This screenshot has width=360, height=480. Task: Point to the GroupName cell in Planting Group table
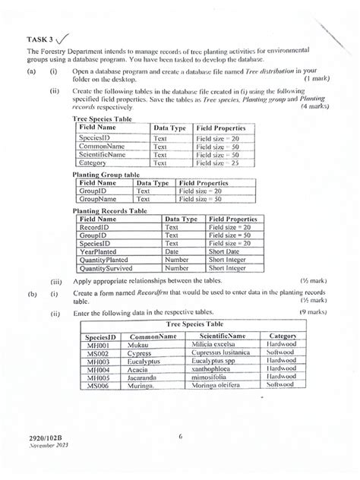pyautogui.click(x=102, y=199)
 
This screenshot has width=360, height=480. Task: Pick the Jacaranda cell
pyautogui.click(x=147, y=375)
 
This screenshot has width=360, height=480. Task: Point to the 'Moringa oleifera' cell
pyautogui.click(x=221, y=385)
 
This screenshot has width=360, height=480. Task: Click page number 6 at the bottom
pyautogui.click(x=181, y=437)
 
